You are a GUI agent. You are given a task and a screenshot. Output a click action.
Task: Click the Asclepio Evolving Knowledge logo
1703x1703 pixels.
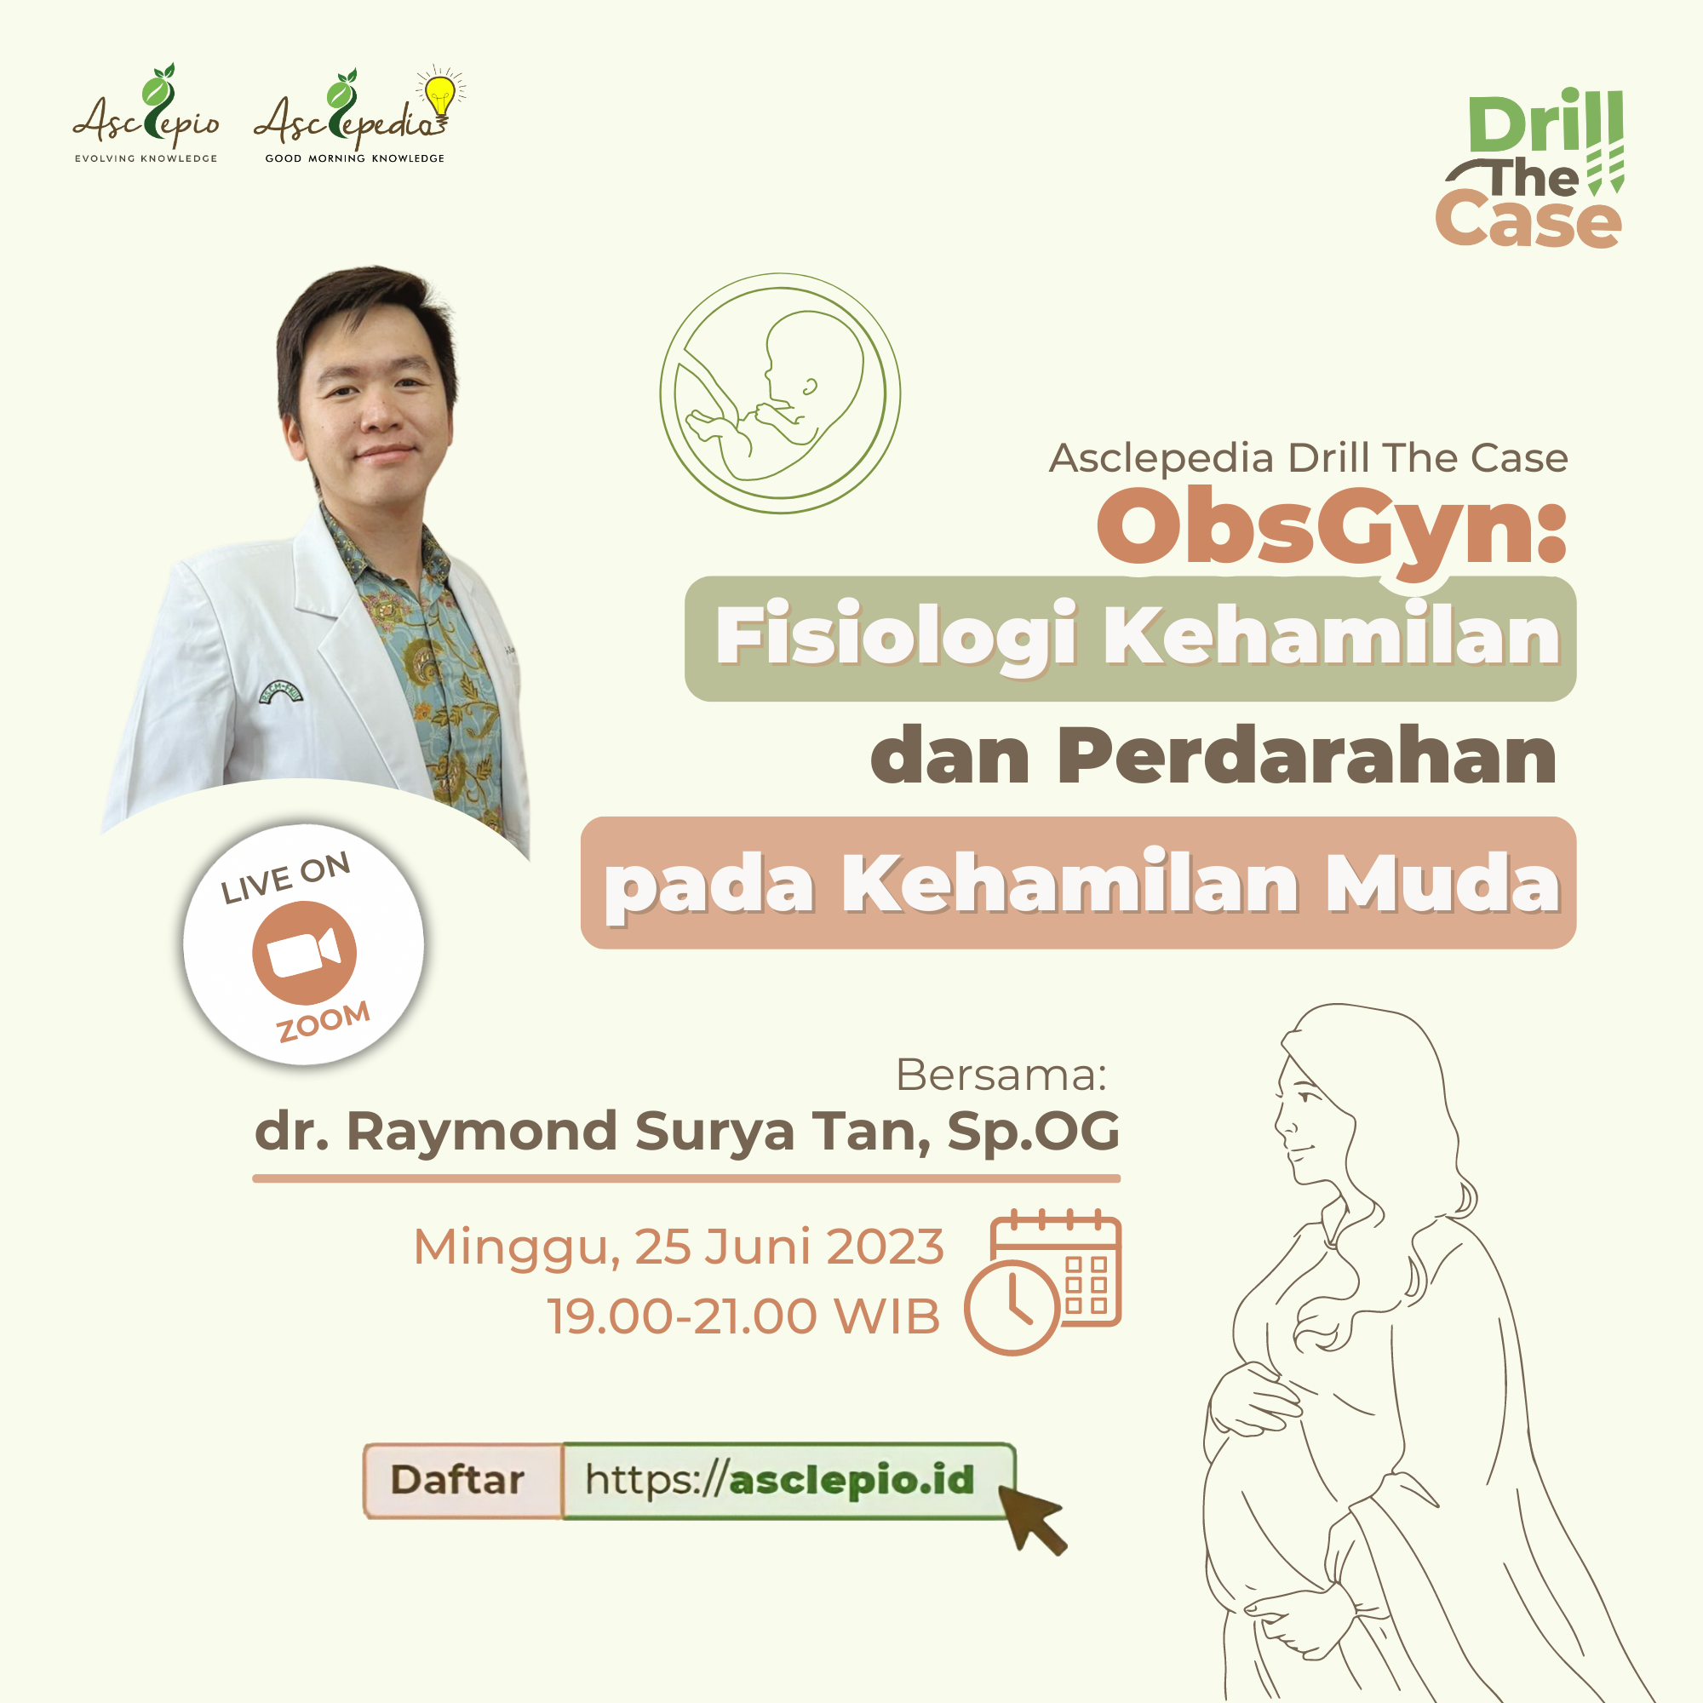146,114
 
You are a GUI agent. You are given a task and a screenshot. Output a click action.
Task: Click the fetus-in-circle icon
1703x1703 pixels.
780,393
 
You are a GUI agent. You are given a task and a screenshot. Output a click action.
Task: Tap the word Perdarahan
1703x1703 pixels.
1308,756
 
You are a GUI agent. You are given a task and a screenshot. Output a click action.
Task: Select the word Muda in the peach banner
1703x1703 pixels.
1443,883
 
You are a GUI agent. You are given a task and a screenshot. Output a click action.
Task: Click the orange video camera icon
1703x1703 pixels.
304,953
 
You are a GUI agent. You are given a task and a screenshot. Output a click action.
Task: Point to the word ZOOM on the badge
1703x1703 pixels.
324,1022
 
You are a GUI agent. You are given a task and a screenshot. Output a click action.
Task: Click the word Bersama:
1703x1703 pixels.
1001,1075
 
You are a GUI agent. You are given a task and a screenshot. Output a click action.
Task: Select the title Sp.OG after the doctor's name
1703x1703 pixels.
1033,1132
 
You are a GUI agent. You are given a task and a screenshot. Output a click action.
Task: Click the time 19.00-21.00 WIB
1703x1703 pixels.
744,1317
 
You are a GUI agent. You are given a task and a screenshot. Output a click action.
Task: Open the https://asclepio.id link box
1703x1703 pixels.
788,1481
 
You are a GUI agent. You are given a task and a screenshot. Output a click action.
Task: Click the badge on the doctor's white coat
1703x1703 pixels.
281,696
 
